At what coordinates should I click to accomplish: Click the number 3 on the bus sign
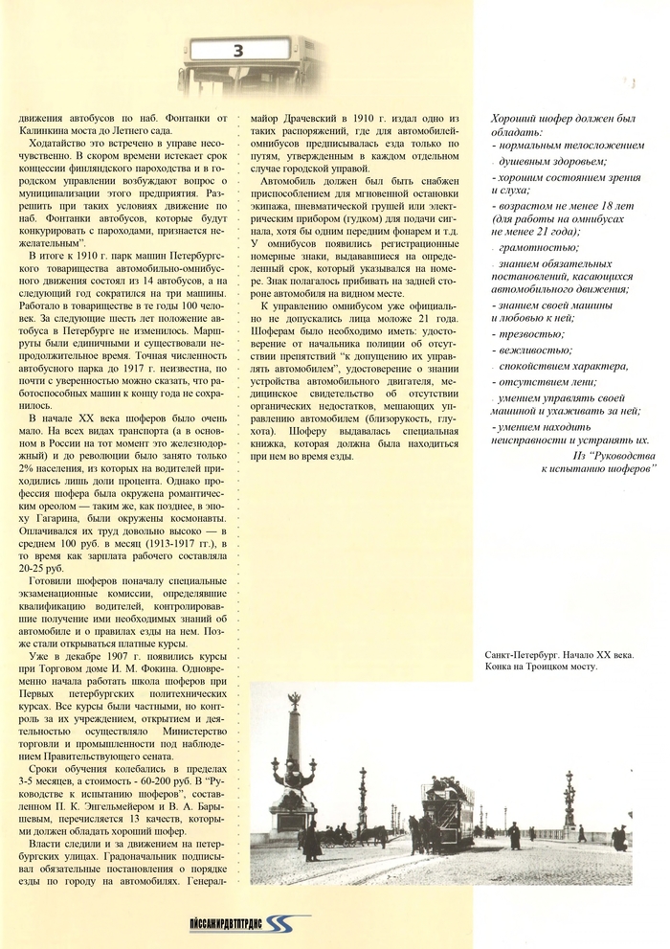(238, 51)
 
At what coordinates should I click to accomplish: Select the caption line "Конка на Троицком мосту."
(541, 667)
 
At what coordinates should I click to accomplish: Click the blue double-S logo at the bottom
(291, 926)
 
